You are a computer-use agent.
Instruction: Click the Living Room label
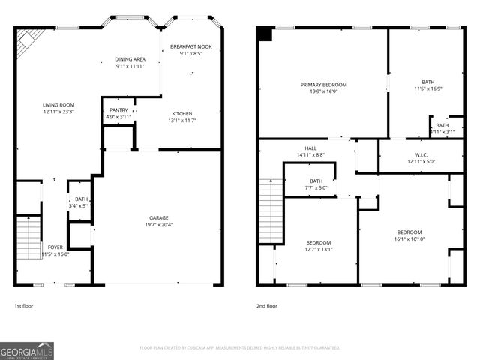click(x=58, y=104)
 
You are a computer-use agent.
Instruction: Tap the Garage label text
click(x=158, y=217)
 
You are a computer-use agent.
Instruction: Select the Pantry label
click(x=118, y=110)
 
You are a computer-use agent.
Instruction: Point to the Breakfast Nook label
click(x=190, y=46)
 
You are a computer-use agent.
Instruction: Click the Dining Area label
click(x=130, y=59)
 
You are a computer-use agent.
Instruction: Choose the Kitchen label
click(x=183, y=113)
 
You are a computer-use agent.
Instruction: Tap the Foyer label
click(x=55, y=246)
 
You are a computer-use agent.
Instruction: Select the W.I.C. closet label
click(x=421, y=154)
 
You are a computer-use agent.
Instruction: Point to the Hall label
click(x=310, y=148)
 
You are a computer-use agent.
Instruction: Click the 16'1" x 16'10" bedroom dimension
click(x=409, y=240)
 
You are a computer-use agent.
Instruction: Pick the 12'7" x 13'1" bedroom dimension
click(x=319, y=250)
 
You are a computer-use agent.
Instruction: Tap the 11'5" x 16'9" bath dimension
click(x=427, y=88)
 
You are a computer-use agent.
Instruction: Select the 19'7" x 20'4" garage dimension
click(x=158, y=225)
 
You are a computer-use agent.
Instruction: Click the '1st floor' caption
click(x=23, y=306)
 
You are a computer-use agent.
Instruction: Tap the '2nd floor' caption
click(x=266, y=306)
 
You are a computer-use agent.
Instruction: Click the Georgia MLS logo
click(x=27, y=350)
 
